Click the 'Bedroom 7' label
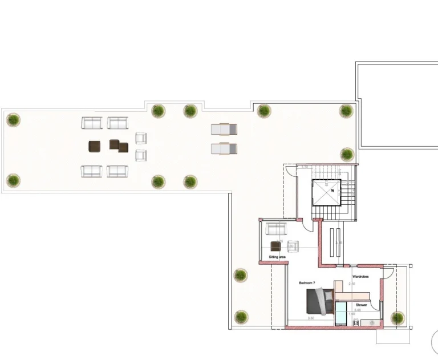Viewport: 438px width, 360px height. (307, 283)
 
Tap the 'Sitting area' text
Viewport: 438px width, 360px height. (277, 257)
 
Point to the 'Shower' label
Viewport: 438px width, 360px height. (362, 305)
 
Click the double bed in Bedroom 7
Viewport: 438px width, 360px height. (321, 301)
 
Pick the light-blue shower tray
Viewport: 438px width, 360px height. (340, 313)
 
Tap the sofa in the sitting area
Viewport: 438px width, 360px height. (277, 229)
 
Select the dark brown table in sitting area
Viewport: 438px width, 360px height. (276, 246)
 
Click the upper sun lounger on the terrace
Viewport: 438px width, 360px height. (224, 130)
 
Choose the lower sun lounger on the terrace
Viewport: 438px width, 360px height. (224, 149)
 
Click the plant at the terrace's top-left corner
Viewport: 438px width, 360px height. (13, 120)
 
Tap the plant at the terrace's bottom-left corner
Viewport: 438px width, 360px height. (13, 180)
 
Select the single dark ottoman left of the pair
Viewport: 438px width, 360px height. (95, 147)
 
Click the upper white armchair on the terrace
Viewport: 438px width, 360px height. (141, 138)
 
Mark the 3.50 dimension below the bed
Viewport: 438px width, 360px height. (311, 318)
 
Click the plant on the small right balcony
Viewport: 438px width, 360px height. (397, 318)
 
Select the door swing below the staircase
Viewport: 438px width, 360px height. (307, 224)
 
